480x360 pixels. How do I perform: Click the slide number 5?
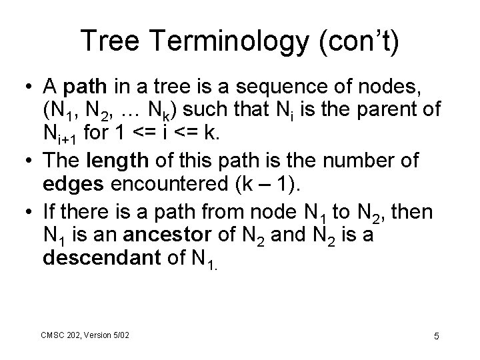pyautogui.click(x=435, y=336)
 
